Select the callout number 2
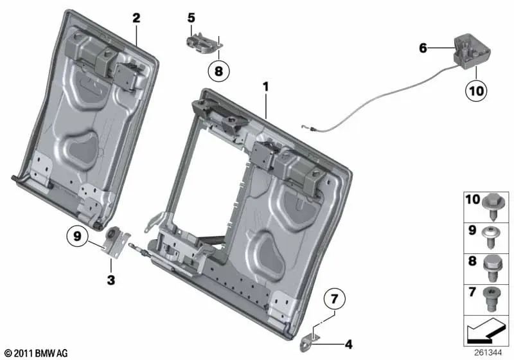pos(136,18)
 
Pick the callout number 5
pos(191,18)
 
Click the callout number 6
pos(422,48)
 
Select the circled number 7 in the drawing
pos(334,298)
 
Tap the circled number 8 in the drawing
pos(218,71)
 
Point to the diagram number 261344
pos(489,352)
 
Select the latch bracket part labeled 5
pos(202,40)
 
